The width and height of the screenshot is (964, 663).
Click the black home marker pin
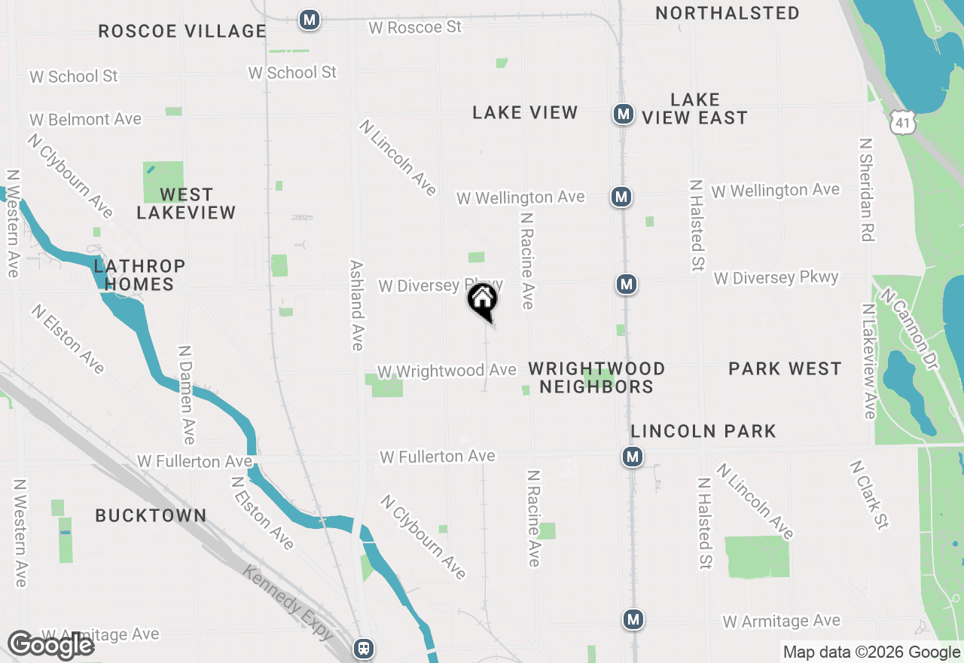point(483,301)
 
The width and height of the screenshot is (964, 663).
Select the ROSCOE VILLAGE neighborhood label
point(182,31)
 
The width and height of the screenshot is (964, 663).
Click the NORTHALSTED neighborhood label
point(727,13)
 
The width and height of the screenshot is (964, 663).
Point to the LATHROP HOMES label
point(139,275)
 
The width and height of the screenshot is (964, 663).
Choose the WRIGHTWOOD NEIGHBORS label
point(596,377)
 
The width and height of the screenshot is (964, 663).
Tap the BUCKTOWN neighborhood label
point(151,515)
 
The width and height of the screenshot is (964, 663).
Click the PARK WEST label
point(785,368)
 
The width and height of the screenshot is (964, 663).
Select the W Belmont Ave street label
point(85,119)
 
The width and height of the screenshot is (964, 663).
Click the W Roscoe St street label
point(414,27)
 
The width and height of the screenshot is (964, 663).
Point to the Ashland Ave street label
point(357,305)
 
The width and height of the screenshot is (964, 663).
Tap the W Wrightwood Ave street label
point(447,371)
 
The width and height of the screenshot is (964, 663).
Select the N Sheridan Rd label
point(867,190)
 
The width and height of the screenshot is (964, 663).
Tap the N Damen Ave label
point(186,395)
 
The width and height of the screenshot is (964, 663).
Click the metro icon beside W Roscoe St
point(308,20)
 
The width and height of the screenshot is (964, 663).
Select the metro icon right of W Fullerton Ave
point(632,457)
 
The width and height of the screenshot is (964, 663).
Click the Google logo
point(50,646)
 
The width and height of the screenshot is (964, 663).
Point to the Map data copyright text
point(871,652)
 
